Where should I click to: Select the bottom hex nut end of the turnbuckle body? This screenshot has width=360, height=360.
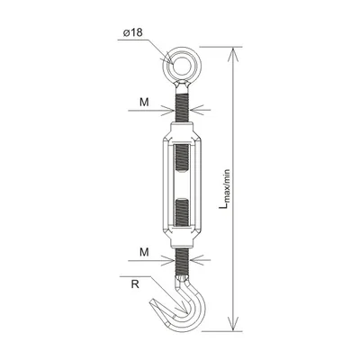[181, 238]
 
